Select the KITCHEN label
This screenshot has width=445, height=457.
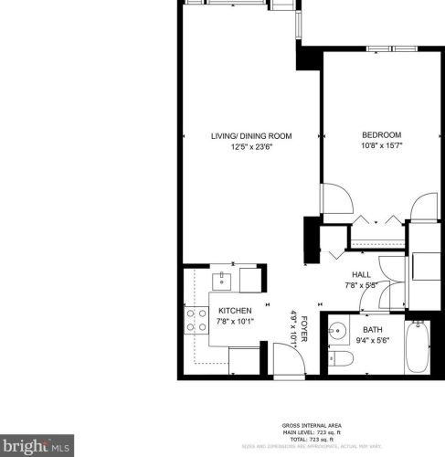click(x=234, y=311)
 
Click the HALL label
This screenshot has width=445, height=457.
click(x=361, y=274)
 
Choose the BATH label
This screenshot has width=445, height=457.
click(x=373, y=329)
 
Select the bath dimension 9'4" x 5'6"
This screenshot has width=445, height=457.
click(x=373, y=340)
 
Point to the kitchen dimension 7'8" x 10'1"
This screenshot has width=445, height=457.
click(x=234, y=322)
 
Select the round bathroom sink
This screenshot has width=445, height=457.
click(x=338, y=329)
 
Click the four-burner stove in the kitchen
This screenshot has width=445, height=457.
click(x=196, y=319)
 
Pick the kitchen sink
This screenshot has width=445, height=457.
click(x=222, y=278)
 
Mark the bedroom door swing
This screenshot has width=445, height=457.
click(x=334, y=202)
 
